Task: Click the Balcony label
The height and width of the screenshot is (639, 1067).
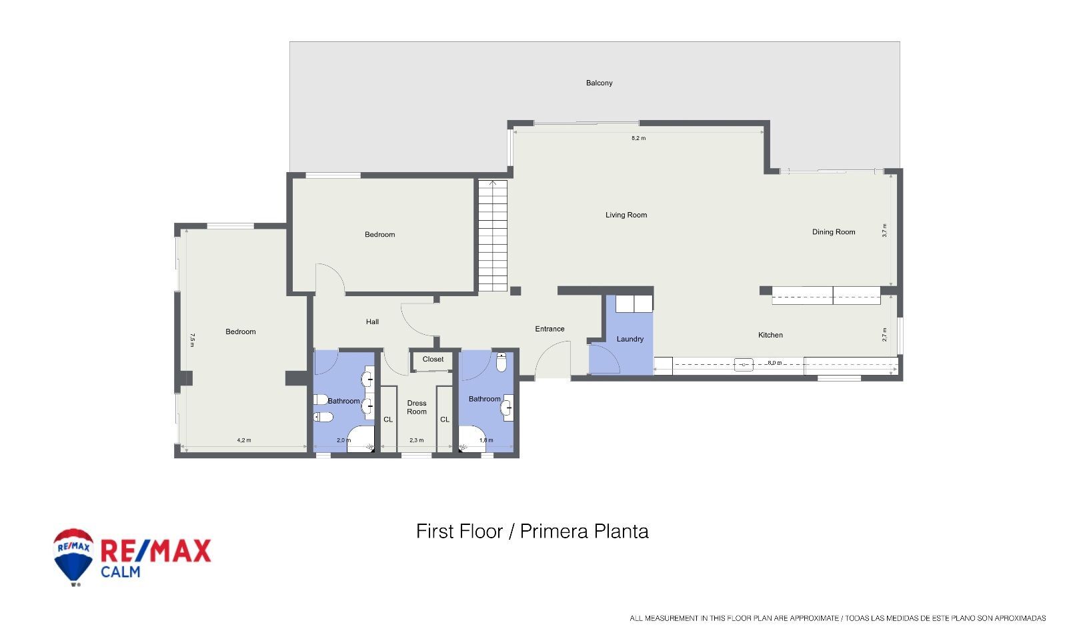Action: pyautogui.click(x=599, y=83)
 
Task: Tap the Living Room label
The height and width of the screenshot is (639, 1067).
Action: pyautogui.click(x=626, y=215)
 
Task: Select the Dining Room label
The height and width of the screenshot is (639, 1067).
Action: pyautogui.click(x=833, y=232)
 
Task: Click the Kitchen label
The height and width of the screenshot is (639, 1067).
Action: pyautogui.click(x=770, y=335)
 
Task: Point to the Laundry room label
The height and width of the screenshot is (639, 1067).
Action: pyautogui.click(x=630, y=339)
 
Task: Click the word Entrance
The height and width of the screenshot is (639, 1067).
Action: pyautogui.click(x=550, y=329)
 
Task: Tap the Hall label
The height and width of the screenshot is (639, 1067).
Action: pyautogui.click(x=372, y=322)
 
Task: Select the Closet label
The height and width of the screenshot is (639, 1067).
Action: pyautogui.click(x=433, y=359)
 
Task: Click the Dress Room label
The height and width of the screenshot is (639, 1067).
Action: pyautogui.click(x=417, y=407)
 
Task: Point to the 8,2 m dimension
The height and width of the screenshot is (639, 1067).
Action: pyautogui.click(x=638, y=138)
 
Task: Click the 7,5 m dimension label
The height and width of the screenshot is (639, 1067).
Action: pyautogui.click(x=192, y=340)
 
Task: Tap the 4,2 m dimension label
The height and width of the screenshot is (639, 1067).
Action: pyautogui.click(x=244, y=440)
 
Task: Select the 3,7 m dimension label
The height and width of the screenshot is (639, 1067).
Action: pyautogui.click(x=884, y=230)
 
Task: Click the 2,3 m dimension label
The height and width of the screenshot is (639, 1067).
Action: pyautogui.click(x=416, y=440)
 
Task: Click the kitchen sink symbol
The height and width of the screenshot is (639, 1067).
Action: pyautogui.click(x=744, y=364)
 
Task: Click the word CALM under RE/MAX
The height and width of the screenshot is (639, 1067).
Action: pyautogui.click(x=121, y=572)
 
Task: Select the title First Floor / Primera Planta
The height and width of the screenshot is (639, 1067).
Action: pyautogui.click(x=532, y=531)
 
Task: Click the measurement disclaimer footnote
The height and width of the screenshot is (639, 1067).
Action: pyautogui.click(x=838, y=618)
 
